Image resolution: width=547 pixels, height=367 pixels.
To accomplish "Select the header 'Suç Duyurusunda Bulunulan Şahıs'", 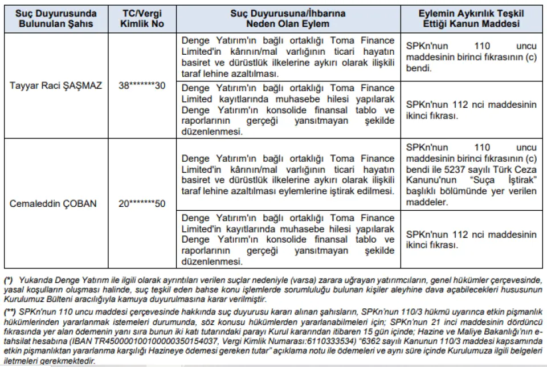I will click(x=56, y=18).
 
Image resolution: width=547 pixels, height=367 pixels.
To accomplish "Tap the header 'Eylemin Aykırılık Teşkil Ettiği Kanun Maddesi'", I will click(x=472, y=18).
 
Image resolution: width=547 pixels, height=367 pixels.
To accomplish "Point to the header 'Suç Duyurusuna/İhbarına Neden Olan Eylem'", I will click(x=288, y=18).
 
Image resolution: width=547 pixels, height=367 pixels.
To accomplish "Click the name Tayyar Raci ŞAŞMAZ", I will click(x=56, y=85).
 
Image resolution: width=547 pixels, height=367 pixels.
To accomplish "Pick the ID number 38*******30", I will click(x=141, y=85).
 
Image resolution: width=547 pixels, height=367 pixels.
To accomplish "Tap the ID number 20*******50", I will click(x=141, y=203).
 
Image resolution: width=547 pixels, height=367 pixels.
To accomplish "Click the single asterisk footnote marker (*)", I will click(x=9, y=280).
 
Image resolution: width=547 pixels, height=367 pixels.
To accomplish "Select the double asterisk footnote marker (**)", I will click(x=10, y=313).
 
